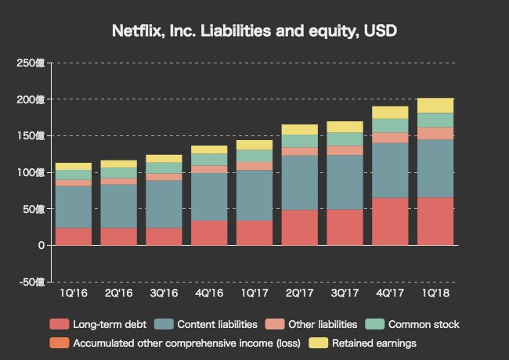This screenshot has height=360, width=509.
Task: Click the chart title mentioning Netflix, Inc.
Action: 254,32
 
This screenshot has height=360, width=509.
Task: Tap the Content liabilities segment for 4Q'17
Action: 391,170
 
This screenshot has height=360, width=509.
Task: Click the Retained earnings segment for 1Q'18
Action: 436,106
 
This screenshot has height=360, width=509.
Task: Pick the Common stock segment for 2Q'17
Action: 300,141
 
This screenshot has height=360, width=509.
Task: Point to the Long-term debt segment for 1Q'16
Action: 73,236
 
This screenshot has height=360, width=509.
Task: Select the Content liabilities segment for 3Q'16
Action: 164,204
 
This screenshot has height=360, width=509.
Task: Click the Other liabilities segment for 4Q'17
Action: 391,138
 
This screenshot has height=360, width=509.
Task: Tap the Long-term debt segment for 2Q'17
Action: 300,227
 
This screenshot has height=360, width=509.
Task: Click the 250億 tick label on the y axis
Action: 34,63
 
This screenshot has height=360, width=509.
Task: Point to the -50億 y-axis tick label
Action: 32,282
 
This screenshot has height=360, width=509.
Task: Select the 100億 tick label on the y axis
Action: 34,172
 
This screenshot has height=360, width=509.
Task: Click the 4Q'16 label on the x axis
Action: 209,293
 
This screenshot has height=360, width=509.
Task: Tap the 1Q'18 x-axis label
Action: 436,293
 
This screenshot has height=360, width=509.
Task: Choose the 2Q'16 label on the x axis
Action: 118,293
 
